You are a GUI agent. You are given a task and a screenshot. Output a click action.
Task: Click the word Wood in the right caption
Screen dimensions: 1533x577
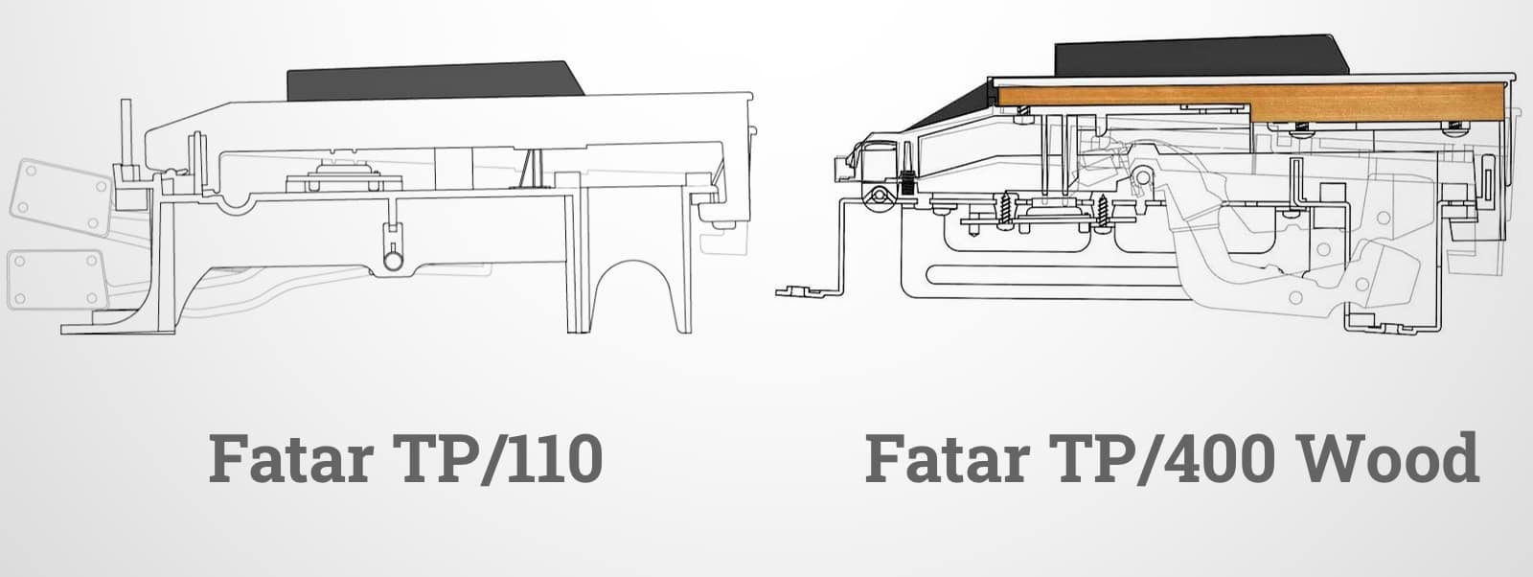tap(1388, 457)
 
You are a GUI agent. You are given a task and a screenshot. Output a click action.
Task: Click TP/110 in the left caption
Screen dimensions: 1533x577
tap(501, 457)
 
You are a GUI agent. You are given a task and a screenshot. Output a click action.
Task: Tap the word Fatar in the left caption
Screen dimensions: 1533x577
tap(292, 458)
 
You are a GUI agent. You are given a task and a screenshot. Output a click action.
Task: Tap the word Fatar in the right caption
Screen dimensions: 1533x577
tap(949, 458)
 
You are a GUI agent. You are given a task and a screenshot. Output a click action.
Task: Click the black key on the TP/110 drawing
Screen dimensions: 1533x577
tap(434, 82)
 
